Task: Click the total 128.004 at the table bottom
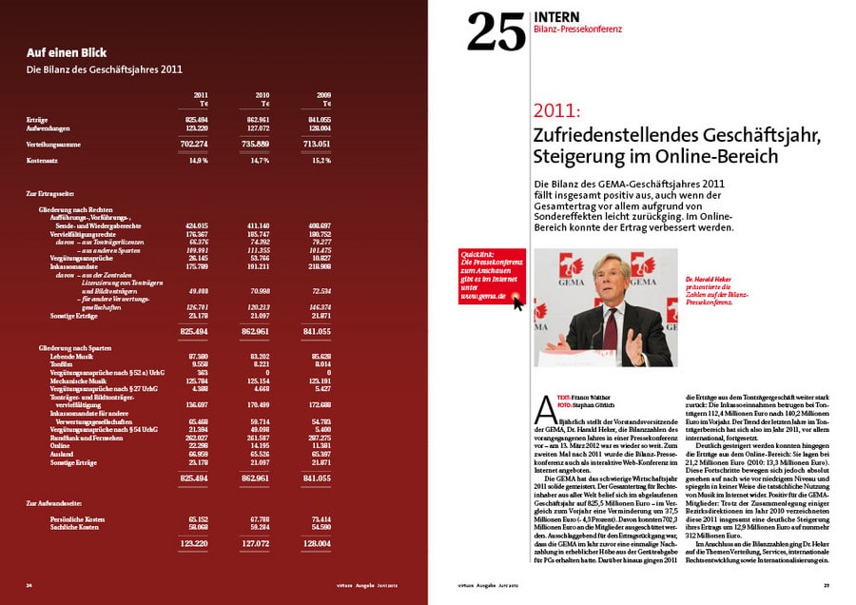[318, 543]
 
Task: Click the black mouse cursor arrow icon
[518, 302]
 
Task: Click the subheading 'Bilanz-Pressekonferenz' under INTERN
[577, 29]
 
